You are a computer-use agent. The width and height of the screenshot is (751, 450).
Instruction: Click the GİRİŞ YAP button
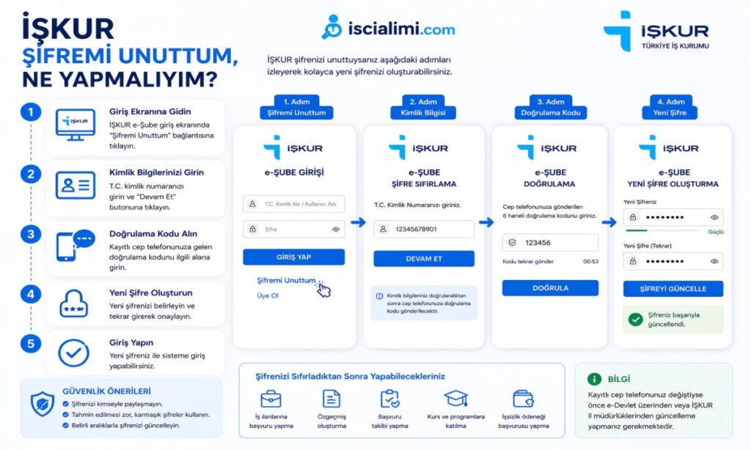click(293, 257)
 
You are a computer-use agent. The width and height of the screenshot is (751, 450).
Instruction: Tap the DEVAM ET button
click(423, 259)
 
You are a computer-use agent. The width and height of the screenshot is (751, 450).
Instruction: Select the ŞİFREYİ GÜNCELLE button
click(673, 289)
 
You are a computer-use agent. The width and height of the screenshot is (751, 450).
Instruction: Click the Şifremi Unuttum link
click(286, 281)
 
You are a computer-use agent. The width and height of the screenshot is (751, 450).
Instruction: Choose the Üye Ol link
click(268, 295)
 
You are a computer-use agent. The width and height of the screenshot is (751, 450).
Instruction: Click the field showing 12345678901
click(423, 229)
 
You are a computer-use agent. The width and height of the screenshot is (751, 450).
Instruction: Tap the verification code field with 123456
click(549, 243)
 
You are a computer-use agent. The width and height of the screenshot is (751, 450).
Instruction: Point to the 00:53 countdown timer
click(590, 262)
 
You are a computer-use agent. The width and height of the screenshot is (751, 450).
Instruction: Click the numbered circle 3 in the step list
click(30, 235)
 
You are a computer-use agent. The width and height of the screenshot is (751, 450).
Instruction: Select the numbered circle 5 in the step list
click(30, 343)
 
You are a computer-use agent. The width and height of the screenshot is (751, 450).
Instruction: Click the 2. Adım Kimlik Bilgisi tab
click(423, 107)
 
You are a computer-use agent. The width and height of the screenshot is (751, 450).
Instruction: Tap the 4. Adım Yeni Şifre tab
click(673, 107)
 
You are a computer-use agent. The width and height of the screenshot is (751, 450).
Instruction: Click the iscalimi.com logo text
click(401, 29)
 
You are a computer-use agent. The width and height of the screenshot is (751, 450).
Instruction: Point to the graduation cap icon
click(455, 399)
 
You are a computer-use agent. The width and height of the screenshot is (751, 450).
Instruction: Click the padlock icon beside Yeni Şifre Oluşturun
click(74, 302)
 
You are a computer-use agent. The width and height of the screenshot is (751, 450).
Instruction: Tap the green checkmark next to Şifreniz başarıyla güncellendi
click(635, 319)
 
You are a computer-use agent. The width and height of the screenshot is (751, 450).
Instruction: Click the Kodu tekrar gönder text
click(527, 262)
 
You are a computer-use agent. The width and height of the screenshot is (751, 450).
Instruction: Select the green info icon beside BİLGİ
click(594, 379)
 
